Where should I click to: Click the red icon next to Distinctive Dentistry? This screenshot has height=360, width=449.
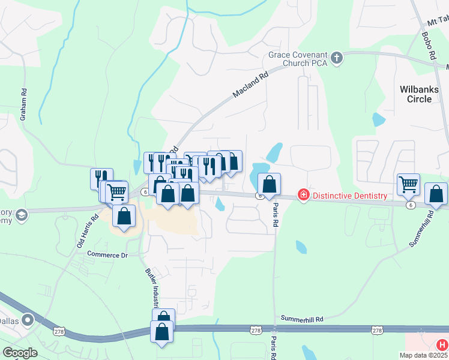[304, 196]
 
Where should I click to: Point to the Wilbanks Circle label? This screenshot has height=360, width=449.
[420, 94]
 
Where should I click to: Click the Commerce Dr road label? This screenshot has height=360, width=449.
[108, 254]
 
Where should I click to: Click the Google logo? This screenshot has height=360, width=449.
[20, 353]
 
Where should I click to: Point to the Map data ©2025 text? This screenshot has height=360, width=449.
[424, 355]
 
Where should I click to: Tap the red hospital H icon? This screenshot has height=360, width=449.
[441, 345]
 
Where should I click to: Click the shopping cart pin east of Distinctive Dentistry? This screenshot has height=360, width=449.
[408, 184]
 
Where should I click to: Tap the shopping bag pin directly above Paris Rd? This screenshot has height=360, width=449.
[269, 183]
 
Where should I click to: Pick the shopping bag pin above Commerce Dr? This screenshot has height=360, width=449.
[124, 215]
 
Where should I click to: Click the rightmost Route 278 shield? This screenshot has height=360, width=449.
[377, 330]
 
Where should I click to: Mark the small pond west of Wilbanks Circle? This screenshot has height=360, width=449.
[378, 119]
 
